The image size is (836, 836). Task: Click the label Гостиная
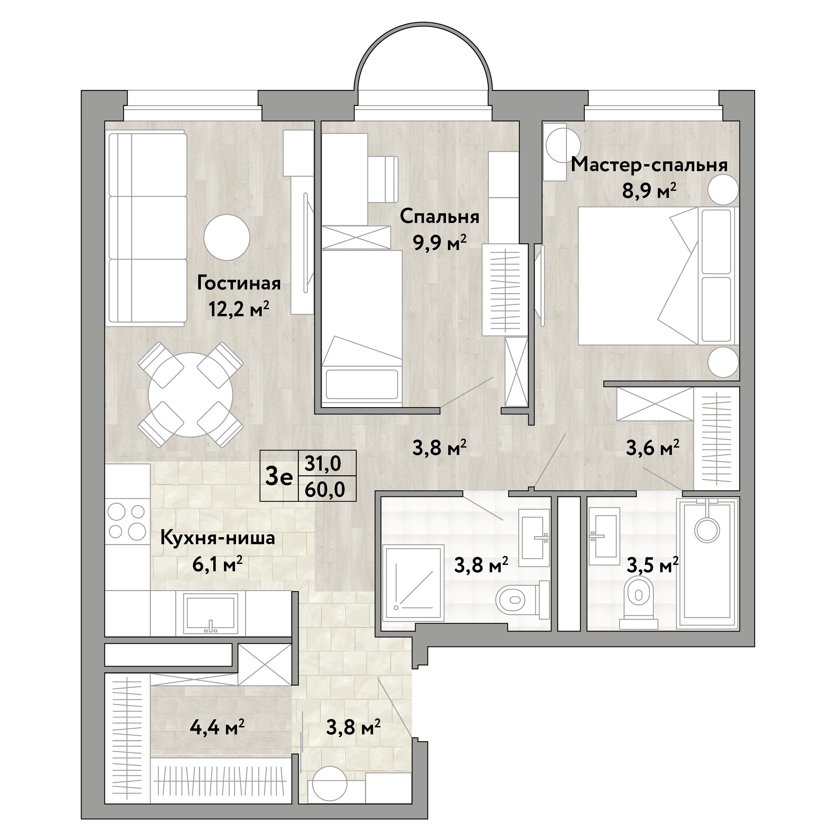point(239,284)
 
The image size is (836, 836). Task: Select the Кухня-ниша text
point(218,538)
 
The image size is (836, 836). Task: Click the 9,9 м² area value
point(440,242)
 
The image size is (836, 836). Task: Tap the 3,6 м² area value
point(652,448)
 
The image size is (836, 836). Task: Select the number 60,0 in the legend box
point(325,489)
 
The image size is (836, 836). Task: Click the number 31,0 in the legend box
point(323,464)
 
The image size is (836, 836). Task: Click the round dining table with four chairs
point(191,395)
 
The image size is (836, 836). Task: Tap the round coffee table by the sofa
point(227,238)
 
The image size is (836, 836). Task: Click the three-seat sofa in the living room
point(147,228)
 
